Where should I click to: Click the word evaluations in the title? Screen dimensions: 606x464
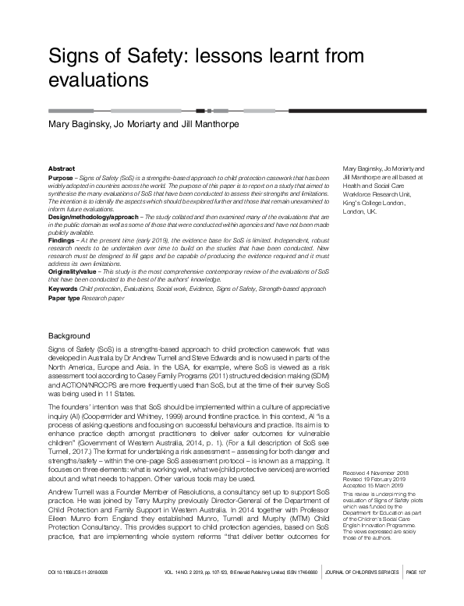(x=98, y=80)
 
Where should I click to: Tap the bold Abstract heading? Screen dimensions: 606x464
(x=62, y=168)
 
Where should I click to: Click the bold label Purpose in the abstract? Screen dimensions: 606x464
(x=62, y=179)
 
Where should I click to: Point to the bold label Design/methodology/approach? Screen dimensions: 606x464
(x=89, y=215)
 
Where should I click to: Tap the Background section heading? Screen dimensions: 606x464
(x=70, y=336)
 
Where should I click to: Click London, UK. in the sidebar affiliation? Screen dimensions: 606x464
(x=365, y=211)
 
